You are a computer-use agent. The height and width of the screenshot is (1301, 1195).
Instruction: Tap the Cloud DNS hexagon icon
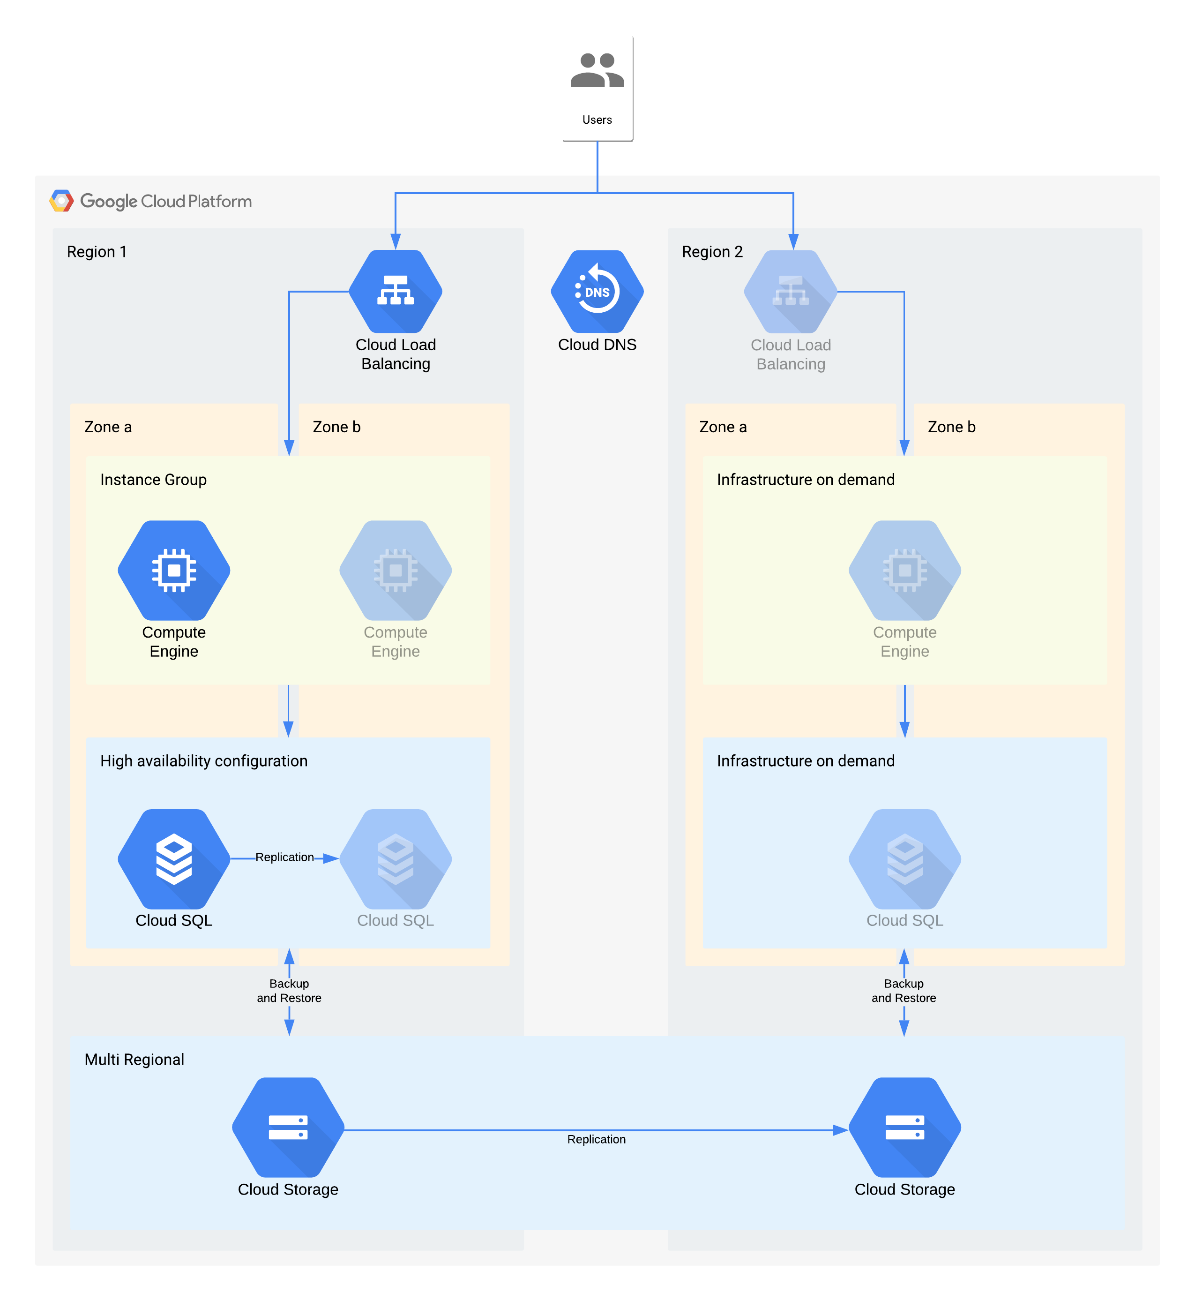tap(597, 292)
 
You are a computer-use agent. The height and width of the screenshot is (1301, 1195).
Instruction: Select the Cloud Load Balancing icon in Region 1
tap(395, 292)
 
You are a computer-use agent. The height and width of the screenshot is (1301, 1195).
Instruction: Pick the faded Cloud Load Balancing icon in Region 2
tap(790, 292)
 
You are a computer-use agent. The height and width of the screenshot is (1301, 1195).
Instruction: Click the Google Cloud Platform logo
tap(62, 201)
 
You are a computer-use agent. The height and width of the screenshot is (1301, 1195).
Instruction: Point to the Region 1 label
tap(97, 252)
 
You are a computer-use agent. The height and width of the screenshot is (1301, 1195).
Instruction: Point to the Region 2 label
tap(712, 252)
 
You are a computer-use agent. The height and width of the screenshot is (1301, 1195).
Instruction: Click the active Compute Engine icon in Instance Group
tap(174, 570)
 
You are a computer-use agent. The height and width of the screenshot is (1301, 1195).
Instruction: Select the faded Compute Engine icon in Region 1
tap(395, 570)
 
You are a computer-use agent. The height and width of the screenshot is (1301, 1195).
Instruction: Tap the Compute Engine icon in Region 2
tap(904, 570)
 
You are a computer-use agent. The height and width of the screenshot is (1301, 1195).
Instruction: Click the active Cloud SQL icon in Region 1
tap(174, 858)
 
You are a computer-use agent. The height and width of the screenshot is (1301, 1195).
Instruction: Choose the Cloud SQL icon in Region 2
tap(904, 858)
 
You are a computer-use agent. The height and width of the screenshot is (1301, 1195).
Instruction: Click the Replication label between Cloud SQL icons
tap(284, 857)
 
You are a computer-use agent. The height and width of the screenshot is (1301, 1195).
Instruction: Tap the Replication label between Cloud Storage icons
tap(596, 1139)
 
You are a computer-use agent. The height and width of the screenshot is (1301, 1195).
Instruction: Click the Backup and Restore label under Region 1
tap(289, 991)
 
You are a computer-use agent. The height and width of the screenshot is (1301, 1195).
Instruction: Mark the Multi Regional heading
tap(134, 1059)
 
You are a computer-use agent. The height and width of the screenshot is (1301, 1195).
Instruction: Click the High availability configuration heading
tap(204, 761)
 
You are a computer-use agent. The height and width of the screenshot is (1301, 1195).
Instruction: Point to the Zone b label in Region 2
tap(951, 427)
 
